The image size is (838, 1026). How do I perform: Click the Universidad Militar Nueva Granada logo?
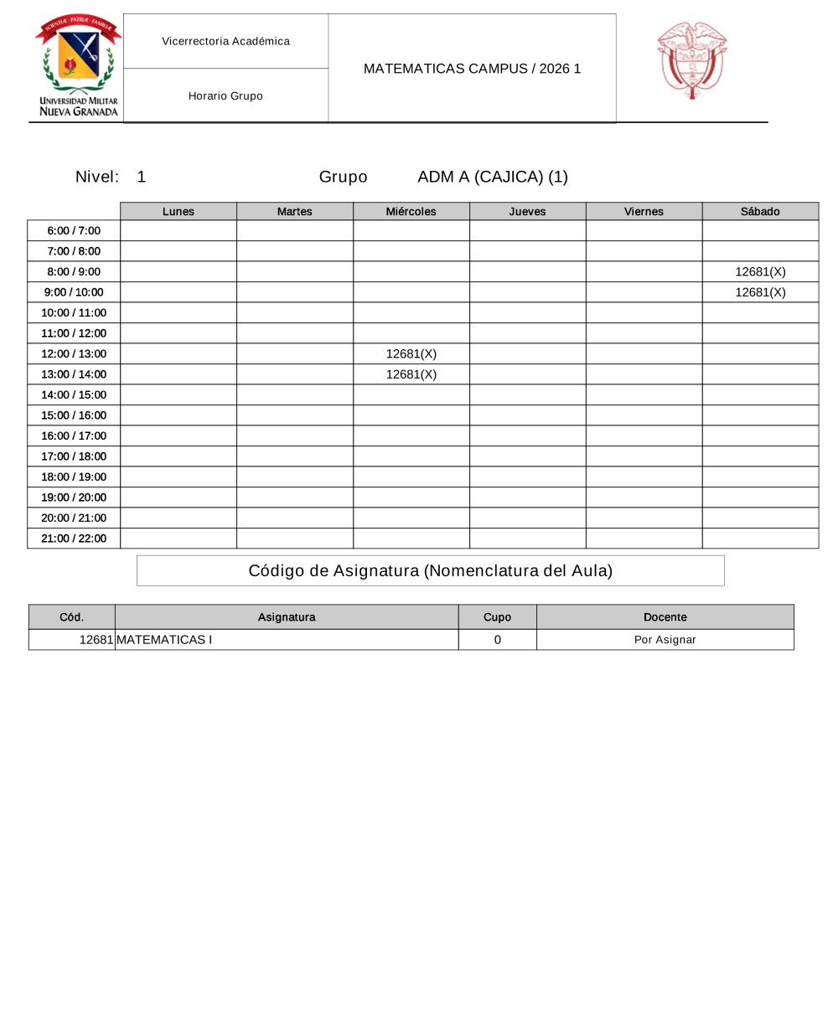tap(78, 65)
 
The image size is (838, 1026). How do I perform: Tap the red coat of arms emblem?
tap(691, 60)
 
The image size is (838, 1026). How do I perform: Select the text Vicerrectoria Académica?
tap(225, 41)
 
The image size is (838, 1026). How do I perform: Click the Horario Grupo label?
tap(225, 95)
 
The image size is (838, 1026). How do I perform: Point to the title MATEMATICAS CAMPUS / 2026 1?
tap(472, 69)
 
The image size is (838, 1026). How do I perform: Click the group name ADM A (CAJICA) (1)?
tap(492, 177)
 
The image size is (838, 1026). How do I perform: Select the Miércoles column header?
tap(411, 212)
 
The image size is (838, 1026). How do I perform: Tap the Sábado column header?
tap(760, 212)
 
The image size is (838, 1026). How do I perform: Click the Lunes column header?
tap(178, 212)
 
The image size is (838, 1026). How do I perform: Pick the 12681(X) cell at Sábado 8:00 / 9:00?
tap(760, 271)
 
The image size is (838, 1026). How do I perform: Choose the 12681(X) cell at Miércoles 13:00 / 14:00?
tap(411, 374)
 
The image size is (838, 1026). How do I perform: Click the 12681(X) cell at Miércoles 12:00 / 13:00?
tap(411, 353)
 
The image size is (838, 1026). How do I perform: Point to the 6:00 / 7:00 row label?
tap(74, 230)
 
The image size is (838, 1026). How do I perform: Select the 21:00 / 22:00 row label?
tap(74, 539)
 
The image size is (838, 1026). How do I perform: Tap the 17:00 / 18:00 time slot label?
tap(74, 456)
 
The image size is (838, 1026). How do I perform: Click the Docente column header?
tap(665, 617)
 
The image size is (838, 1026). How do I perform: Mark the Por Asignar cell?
tap(665, 640)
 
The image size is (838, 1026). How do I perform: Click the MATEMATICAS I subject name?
tap(164, 640)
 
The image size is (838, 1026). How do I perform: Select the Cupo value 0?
tap(497, 640)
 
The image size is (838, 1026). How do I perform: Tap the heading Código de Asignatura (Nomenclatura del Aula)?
tap(430, 571)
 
